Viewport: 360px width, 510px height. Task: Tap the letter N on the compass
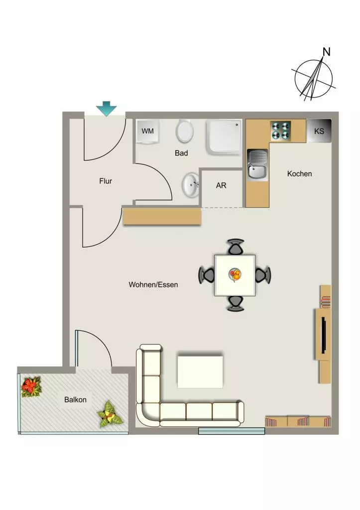point(327,51)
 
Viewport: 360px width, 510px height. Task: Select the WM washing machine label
point(148,131)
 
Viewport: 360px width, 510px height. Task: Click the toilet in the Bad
point(184,131)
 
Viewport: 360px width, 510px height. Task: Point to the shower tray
point(225,135)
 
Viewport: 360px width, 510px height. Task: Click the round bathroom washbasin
point(190,185)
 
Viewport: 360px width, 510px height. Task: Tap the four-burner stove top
point(280,130)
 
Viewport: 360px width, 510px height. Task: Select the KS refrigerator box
point(319,131)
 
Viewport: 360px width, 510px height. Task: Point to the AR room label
point(221,185)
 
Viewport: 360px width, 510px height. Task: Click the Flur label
point(106,181)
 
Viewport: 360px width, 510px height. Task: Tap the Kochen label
point(300,174)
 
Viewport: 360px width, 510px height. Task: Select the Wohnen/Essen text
point(153,285)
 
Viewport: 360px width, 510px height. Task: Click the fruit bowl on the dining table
point(235,274)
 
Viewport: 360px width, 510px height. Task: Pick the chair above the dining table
point(236,247)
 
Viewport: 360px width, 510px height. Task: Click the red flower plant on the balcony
point(31,386)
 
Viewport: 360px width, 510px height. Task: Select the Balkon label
point(75,399)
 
